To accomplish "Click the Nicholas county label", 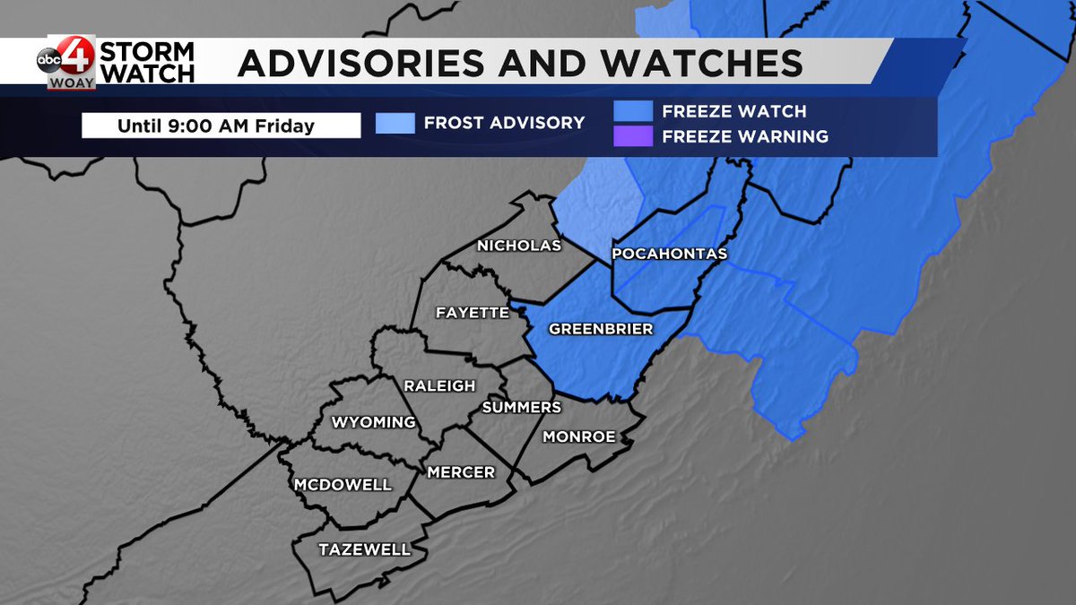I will (x=519, y=246).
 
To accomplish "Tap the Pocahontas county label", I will (x=668, y=255).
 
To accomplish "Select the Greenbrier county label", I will (x=601, y=329).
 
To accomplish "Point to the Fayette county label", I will (x=472, y=313).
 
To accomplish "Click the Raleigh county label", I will (x=439, y=385).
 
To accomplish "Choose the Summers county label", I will (x=521, y=407).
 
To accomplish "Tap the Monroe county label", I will (x=579, y=436).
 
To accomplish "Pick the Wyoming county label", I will (x=374, y=422).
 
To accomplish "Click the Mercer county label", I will (x=461, y=471).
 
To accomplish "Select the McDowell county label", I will (x=343, y=485).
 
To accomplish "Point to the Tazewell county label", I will (x=365, y=549).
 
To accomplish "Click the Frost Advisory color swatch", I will (x=395, y=123).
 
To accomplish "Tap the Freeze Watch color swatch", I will (x=633, y=111).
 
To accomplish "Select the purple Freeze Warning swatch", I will (x=633, y=136).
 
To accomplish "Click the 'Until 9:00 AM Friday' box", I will (x=221, y=125).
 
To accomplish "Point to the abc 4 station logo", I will (x=65, y=61).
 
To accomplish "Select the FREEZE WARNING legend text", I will (x=745, y=137).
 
